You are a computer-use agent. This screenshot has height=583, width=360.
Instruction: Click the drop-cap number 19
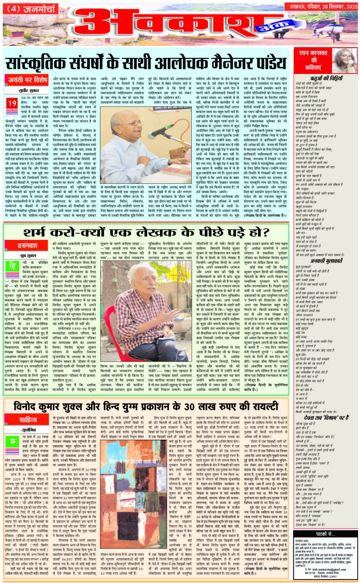coord(12,105)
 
